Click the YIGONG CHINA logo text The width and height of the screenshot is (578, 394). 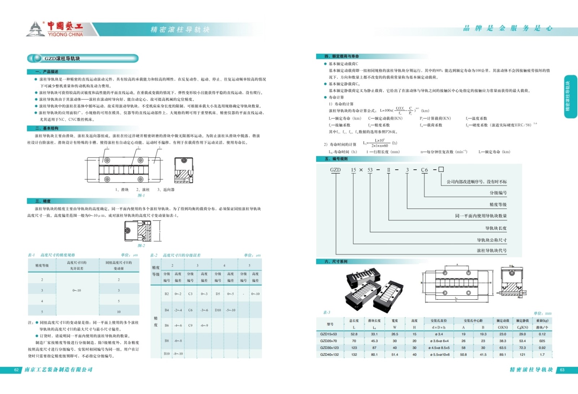click(65, 34)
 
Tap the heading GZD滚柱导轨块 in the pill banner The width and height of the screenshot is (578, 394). click(62, 59)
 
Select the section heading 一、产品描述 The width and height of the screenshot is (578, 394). click(47, 72)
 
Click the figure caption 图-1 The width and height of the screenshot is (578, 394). click(141, 195)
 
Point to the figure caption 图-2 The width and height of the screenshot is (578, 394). click(141, 246)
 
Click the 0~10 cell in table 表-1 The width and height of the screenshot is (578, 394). click(77, 290)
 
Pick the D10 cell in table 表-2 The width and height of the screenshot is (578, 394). click(218, 310)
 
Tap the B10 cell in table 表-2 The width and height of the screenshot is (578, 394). click(167, 354)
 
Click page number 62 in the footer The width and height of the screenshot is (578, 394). click(16, 370)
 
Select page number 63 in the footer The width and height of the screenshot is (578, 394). click(562, 370)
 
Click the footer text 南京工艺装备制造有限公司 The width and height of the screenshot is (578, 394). click(59, 370)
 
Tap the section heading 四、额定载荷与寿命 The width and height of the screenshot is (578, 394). click(341, 56)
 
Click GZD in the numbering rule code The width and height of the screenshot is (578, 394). click(335, 170)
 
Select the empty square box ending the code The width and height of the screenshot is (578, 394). click(441, 169)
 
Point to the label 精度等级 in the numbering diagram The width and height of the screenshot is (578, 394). click(498, 205)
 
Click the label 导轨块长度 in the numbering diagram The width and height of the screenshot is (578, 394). click(496, 228)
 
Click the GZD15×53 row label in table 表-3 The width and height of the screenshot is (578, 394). click(328, 334)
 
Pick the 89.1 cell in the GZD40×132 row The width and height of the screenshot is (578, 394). click(502, 355)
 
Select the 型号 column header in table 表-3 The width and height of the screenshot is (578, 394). click(330, 324)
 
